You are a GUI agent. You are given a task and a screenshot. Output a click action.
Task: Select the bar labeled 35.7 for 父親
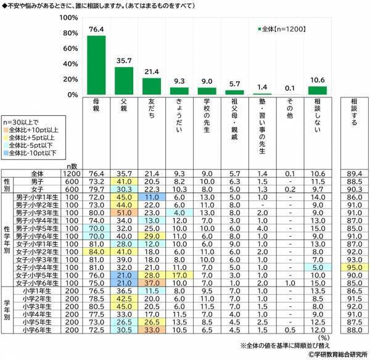(x=124, y=81)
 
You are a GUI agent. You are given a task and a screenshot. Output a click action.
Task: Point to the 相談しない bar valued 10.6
(x=316, y=91)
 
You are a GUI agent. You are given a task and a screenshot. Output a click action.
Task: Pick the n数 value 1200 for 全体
(x=73, y=174)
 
